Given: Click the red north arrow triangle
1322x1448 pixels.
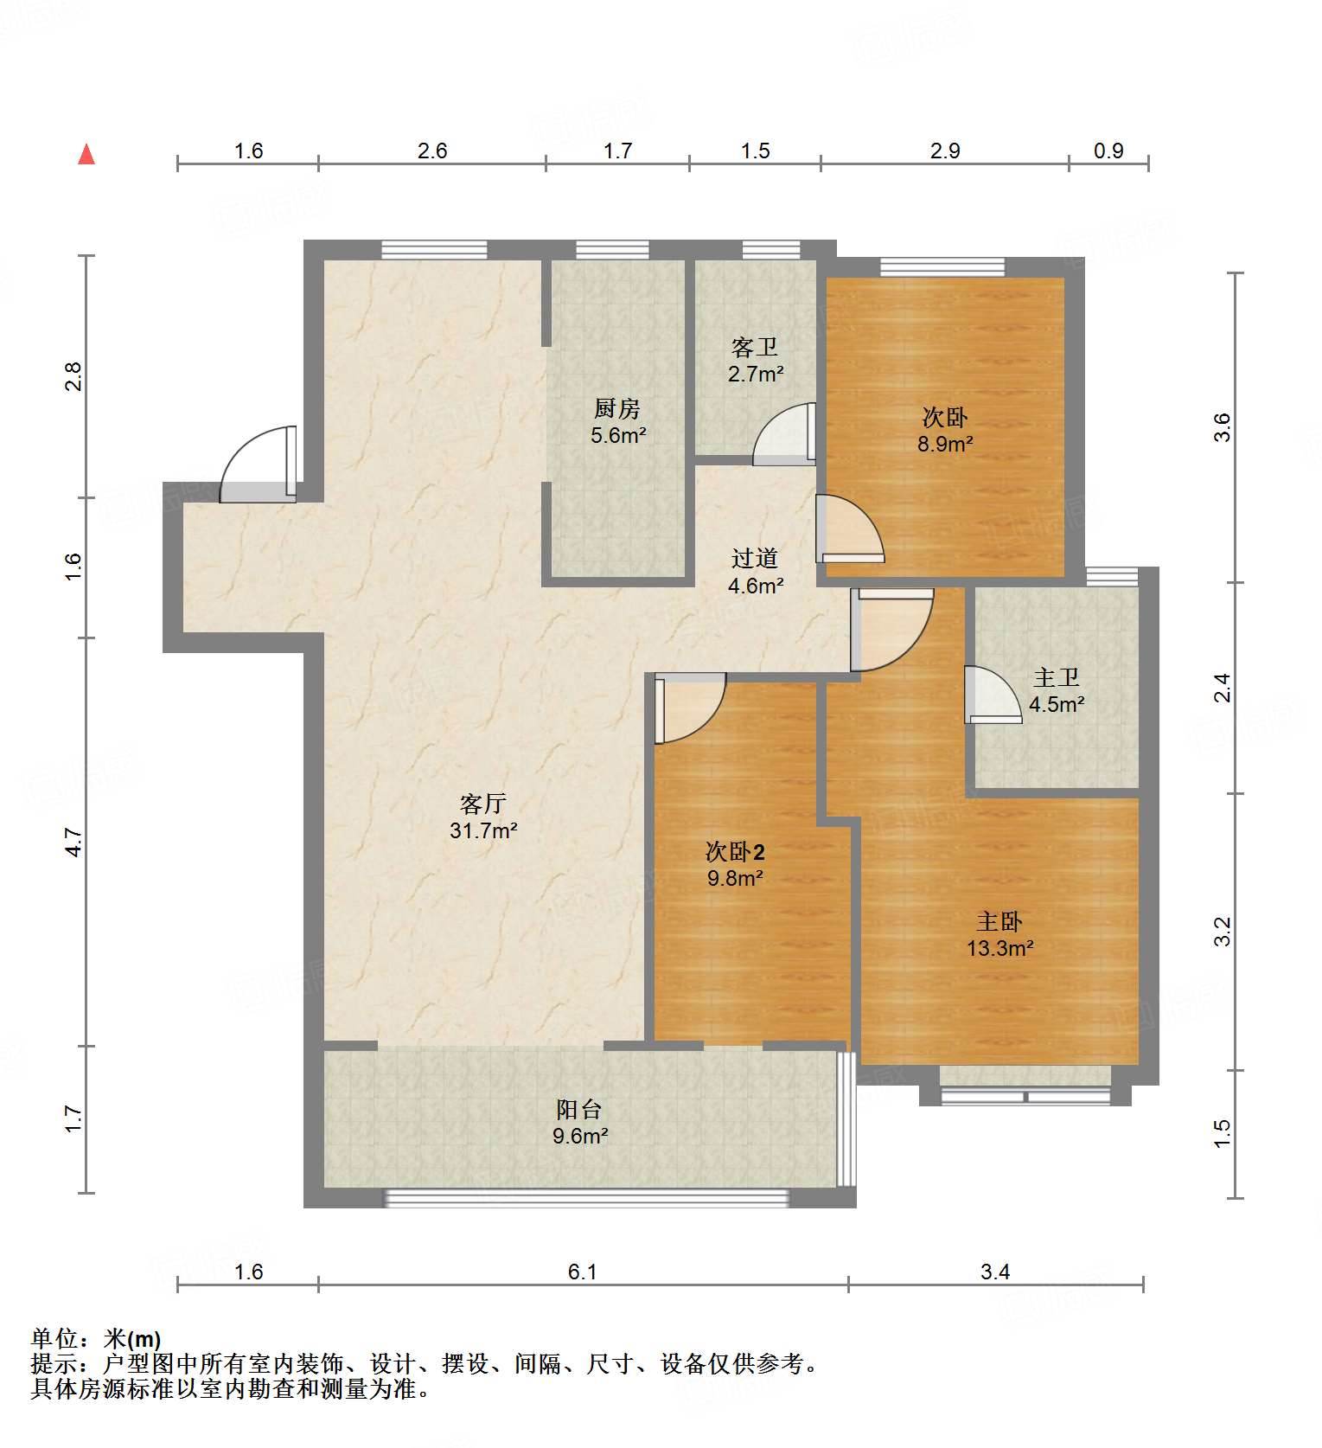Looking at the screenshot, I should coord(86,155).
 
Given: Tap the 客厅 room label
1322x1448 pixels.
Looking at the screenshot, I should coord(482,804).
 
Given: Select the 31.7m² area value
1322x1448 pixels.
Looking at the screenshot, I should coord(482,831).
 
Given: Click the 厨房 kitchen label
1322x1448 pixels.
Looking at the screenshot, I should coord(617,408).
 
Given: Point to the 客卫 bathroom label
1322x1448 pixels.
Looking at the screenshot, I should coord(755,348).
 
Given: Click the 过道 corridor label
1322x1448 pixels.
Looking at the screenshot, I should coord(755,559).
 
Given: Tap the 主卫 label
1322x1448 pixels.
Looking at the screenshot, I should coord(1057,677).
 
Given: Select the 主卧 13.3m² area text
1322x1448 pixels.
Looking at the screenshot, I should coord(999,948).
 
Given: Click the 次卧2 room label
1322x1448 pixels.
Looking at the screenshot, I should coord(735,852).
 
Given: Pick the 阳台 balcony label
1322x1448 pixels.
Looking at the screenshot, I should coord(579,1109).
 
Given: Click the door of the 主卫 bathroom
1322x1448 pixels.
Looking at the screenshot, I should coord(992,695).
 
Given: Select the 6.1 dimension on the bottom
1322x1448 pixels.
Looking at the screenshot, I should coord(583,1272).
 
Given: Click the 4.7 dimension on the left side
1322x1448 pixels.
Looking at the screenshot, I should coord(73,842).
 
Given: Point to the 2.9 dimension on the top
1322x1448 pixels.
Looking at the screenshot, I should coord(945,151).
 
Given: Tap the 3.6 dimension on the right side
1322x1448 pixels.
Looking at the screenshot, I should coord(1222,427).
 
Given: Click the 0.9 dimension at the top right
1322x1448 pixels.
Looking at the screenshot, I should coord(1108,151).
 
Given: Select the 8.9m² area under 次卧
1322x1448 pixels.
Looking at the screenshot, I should coord(945,445).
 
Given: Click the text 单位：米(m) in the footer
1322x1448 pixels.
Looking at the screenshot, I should coord(96,1339).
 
